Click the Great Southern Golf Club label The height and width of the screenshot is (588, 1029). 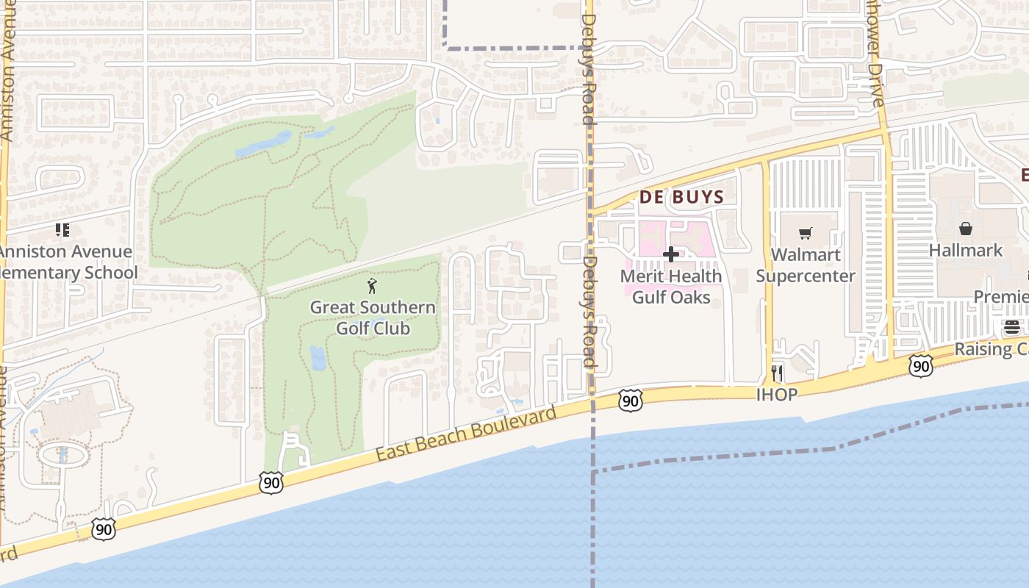tap(373, 318)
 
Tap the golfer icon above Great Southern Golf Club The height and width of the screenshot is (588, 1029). tap(372, 286)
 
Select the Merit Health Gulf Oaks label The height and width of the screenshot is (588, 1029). tap(671, 287)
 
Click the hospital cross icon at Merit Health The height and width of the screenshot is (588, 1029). tap(670, 254)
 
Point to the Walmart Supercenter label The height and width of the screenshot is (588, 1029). tap(806, 265)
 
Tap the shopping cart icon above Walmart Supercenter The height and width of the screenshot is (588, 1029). tap(806, 233)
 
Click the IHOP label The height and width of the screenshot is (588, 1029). tap(777, 395)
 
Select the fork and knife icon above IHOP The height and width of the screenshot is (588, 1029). tap(777, 373)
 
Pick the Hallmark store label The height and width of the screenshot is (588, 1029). tap(965, 250)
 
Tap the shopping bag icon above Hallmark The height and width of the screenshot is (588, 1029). tap(965, 229)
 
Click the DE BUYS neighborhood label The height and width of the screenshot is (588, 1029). tap(681, 197)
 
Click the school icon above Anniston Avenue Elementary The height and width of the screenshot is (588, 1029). tap(62, 230)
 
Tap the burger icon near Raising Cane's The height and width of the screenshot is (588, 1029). tap(1012, 327)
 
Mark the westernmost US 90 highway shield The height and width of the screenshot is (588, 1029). tap(104, 528)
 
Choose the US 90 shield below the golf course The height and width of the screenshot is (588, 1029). tap(271, 483)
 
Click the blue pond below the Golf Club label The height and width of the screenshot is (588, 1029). tap(318, 357)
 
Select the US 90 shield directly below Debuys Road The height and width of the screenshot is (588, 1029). tap(630, 401)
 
